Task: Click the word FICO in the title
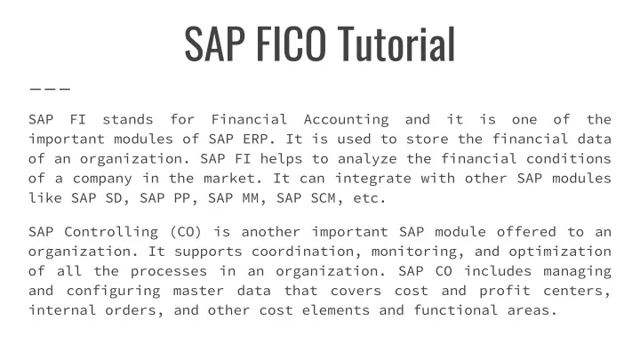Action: click(291, 44)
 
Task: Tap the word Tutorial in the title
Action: click(396, 44)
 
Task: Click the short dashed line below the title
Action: click(50, 88)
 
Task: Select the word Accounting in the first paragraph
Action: click(346, 120)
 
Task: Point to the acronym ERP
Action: click(255, 140)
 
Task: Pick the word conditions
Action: click(569, 159)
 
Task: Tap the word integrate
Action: click(373, 179)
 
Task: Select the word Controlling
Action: click(111, 232)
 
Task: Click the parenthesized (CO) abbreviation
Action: click(186, 232)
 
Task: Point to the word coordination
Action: click(302, 252)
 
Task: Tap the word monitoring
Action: click(414, 252)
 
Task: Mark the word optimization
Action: click(560, 252)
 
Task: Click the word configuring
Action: click(114, 291)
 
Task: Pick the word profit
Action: click(505, 291)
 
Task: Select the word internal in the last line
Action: click(62, 310)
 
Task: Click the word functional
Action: click(456, 310)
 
